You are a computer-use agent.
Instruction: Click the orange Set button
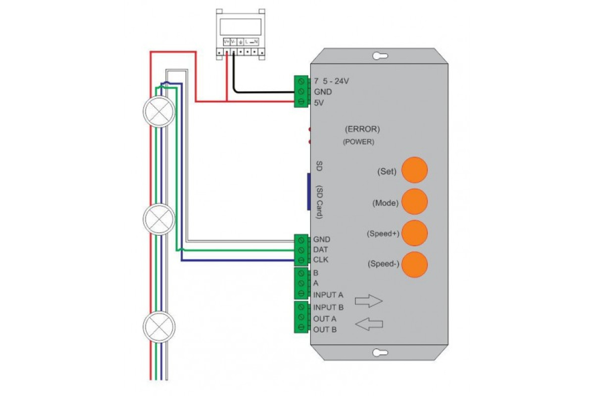tap(414, 170)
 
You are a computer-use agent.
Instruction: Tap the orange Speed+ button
tap(414, 233)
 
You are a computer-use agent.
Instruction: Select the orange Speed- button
tap(414, 264)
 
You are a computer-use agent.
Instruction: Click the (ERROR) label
tap(362, 130)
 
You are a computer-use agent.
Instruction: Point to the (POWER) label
tap(358, 142)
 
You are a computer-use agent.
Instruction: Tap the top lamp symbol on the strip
tap(159, 112)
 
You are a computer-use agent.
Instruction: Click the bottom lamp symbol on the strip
tap(159, 326)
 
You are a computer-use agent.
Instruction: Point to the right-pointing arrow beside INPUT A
tap(369, 300)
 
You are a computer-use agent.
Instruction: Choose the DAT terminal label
tap(321, 250)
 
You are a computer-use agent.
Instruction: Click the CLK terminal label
tap(321, 260)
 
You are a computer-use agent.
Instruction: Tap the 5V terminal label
tap(319, 102)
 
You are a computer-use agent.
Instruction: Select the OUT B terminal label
tap(325, 329)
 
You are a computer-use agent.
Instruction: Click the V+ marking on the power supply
tap(226, 42)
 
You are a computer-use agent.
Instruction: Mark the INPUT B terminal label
tap(328, 307)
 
